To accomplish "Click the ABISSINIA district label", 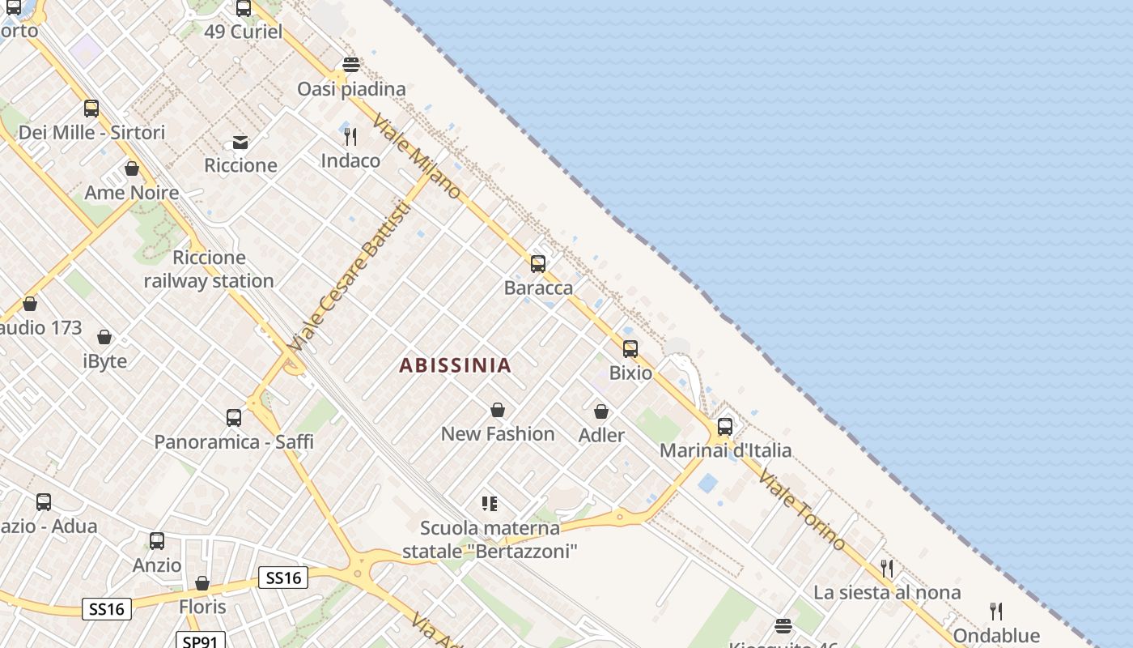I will [x=455, y=365].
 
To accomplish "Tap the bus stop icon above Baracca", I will [x=538, y=263].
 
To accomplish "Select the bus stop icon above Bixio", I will [x=630, y=349].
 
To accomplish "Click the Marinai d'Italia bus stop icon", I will [x=725, y=426].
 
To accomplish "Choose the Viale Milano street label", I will [x=416, y=156].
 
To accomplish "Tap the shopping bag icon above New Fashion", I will [x=498, y=411].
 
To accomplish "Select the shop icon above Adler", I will [x=601, y=412].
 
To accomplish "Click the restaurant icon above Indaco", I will [x=350, y=136].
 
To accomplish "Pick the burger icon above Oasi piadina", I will [x=350, y=65].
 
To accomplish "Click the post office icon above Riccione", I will [x=240, y=143].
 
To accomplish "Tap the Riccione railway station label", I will [x=209, y=270].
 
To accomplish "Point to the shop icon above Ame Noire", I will [x=132, y=168].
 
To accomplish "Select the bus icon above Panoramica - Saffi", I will [x=234, y=418].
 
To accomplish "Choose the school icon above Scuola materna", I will [x=490, y=504].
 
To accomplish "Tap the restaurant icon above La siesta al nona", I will [x=887, y=568].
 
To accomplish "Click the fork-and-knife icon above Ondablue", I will [x=996, y=611].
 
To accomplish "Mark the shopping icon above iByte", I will [x=104, y=337].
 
